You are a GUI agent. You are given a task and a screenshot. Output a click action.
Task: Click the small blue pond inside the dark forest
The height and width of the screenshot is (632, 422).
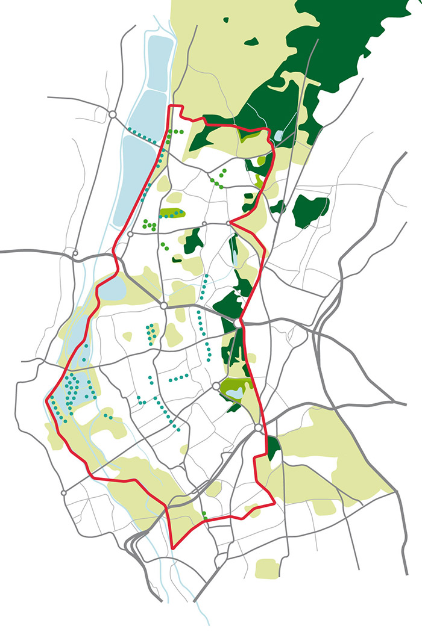pos(278,135)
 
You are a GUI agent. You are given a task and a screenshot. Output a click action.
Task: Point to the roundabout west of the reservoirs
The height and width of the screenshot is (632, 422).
pos(112,113)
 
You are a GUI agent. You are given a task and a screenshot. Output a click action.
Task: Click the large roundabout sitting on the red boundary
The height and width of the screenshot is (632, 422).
pos(238,323)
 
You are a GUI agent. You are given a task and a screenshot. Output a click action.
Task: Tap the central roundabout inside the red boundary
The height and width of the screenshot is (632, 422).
pos(163,306)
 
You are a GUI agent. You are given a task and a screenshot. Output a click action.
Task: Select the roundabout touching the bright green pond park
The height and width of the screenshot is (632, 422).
pos(215,386)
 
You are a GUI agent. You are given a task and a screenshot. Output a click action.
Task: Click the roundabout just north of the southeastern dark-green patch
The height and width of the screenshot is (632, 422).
pos(259,427)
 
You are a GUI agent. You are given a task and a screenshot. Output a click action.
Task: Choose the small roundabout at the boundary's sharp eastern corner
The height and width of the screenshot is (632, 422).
pos(229,223)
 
